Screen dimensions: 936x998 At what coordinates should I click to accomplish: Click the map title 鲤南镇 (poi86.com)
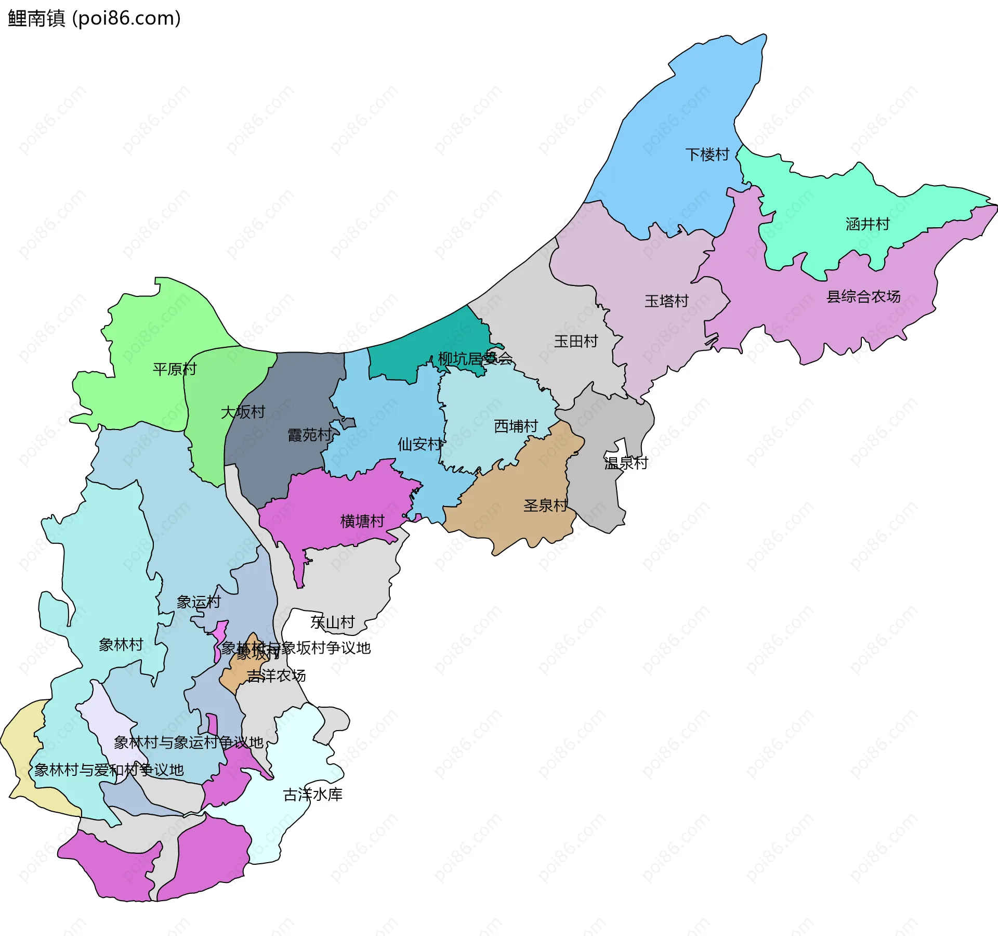tap(94, 18)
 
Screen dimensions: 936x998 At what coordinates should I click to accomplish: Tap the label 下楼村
tap(707, 154)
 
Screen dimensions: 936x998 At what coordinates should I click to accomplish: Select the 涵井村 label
tap(867, 224)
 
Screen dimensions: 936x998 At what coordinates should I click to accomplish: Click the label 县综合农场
tap(863, 296)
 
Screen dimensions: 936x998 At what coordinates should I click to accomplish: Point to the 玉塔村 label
tap(666, 301)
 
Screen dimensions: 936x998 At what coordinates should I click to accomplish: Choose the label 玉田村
tap(575, 341)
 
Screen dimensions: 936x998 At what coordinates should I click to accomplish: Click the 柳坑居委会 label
tap(475, 358)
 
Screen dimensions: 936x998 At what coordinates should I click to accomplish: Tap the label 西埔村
tap(516, 426)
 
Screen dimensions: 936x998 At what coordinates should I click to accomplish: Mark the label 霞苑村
tap(310, 435)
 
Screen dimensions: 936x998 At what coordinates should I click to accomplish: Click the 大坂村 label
tap(243, 412)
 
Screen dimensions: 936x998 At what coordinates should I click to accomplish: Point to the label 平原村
tap(175, 369)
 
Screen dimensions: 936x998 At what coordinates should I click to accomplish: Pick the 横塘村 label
tap(362, 521)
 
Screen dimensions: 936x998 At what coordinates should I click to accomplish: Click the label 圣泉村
tap(545, 505)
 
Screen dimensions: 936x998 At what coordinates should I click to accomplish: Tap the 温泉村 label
tap(626, 463)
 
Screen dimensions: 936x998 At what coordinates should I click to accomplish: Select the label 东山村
tap(333, 622)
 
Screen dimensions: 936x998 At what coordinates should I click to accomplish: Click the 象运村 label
tap(199, 602)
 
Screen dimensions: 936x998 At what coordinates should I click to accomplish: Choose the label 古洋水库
tap(312, 795)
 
